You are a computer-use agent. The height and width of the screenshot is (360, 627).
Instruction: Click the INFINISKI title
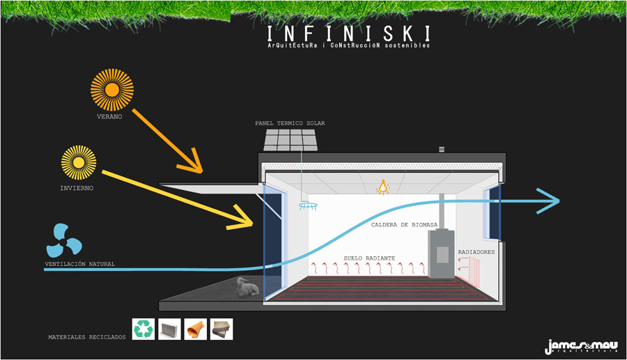pos(348,33)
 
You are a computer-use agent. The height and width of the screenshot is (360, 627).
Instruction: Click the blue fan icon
pos(64,241)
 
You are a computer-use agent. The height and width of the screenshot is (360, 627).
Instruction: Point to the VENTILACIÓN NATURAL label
pos(79,265)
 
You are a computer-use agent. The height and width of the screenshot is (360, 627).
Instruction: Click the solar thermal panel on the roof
pos(292,140)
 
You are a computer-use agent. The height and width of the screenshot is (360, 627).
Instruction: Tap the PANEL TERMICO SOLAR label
pos(290,123)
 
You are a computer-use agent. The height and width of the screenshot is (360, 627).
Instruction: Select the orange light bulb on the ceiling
pos(382,187)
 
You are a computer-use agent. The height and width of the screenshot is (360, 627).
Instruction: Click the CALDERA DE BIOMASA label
pos(404,224)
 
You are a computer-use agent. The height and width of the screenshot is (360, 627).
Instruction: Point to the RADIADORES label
pos(477,252)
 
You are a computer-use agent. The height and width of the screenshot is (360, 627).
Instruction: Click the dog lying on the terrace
pos(246,287)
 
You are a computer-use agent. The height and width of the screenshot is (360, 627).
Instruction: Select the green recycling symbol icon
pos(144,329)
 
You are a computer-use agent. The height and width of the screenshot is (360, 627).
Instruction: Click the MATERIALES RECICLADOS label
pos(87,337)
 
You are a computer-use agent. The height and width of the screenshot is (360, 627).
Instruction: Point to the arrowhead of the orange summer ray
pos(197,166)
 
